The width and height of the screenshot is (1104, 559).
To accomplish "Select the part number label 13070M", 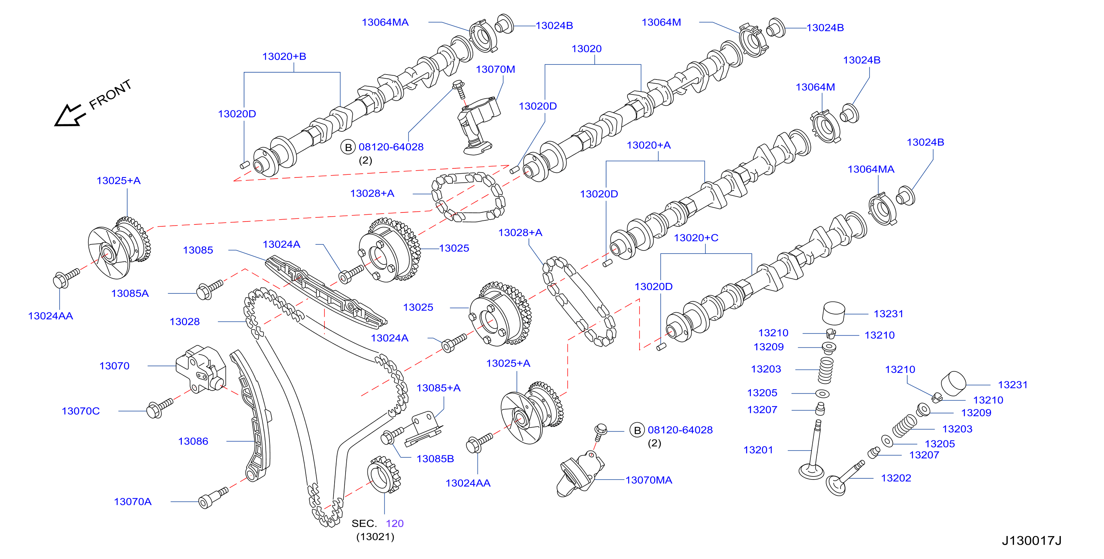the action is pos(495,70).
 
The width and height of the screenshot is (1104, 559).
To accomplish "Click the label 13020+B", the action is pos(284,57).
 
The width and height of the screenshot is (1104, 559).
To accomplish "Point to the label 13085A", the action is pos(130,293).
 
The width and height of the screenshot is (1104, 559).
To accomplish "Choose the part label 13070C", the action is pos(81,411).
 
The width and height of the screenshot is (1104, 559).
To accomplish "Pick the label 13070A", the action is pos(133,501).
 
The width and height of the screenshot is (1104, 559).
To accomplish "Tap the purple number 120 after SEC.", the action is pos(395,523).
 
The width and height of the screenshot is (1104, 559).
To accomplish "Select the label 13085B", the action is pos(435,458).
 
